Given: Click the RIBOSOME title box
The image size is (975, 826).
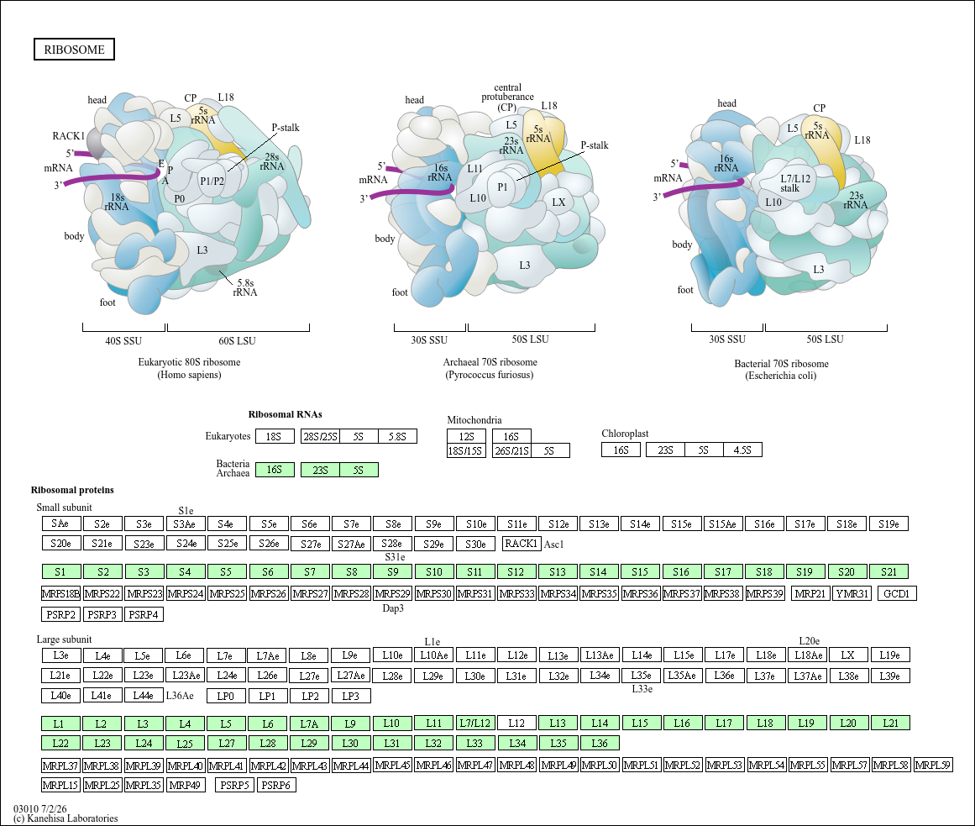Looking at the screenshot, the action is (x=74, y=50).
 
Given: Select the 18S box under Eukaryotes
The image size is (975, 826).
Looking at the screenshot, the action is (x=275, y=437).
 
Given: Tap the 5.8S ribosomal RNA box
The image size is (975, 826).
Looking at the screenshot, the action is (x=397, y=437).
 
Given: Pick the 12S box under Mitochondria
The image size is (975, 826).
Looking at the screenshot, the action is (x=466, y=437).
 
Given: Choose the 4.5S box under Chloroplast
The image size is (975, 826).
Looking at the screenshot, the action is (x=742, y=450).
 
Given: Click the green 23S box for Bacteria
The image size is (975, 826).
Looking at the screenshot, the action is (x=320, y=470).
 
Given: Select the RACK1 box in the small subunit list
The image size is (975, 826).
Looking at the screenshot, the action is (x=521, y=544).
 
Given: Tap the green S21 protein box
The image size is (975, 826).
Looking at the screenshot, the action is (x=889, y=571).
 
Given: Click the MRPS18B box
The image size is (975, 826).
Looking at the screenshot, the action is (x=61, y=593).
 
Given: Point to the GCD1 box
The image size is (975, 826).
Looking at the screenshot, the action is (x=897, y=593).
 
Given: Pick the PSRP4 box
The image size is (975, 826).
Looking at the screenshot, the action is (x=144, y=614).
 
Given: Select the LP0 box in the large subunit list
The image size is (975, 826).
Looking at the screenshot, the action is (x=226, y=696).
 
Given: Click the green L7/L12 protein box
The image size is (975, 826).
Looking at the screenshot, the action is (x=475, y=723).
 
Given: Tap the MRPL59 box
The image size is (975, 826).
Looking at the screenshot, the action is (x=933, y=765).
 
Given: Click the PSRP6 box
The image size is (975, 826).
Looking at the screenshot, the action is (x=276, y=785).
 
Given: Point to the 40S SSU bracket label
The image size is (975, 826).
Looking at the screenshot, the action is (x=123, y=341).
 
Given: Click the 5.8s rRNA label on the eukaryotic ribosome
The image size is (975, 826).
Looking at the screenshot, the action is (x=245, y=288).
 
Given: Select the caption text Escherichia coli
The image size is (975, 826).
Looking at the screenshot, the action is (x=781, y=376).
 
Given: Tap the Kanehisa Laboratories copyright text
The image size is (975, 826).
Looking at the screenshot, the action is (x=72, y=818).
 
